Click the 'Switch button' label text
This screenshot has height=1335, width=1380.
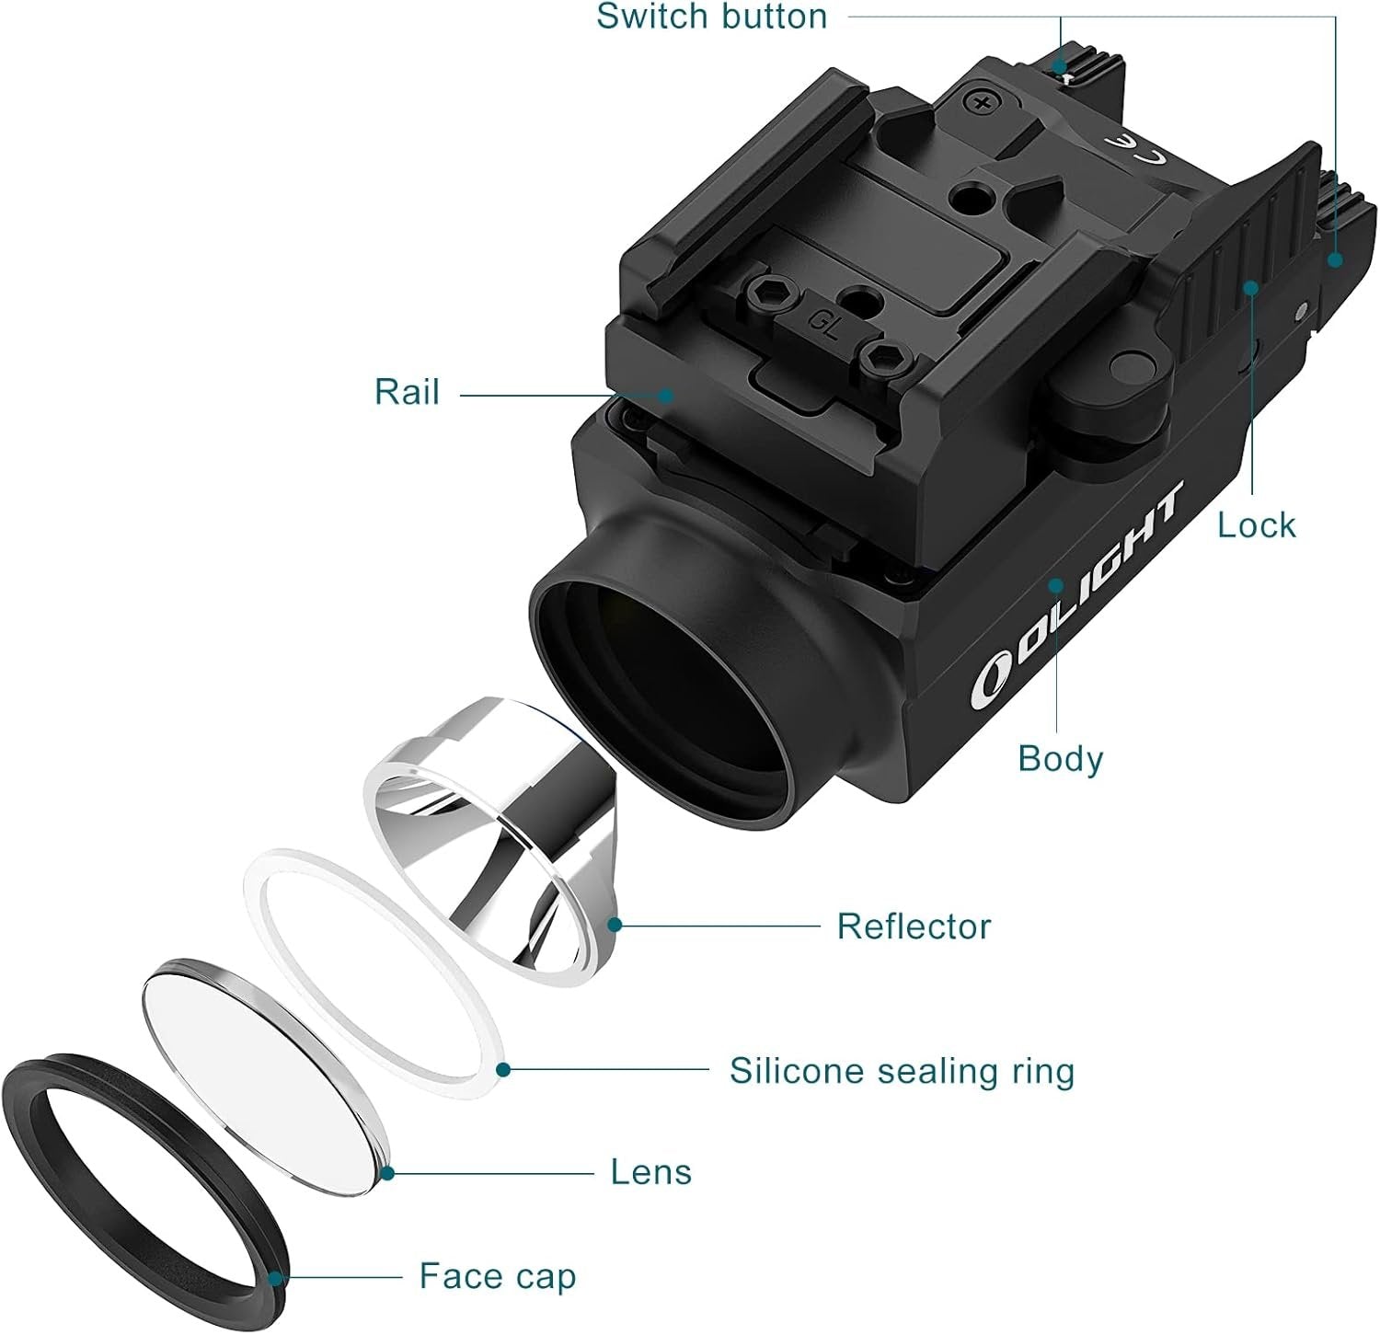(712, 17)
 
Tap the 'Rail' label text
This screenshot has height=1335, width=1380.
(407, 392)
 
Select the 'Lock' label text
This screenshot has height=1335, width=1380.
(1256, 525)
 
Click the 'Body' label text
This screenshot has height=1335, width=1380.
(1060, 759)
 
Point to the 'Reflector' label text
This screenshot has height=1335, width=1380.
(914, 926)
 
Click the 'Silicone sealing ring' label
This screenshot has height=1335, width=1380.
(902, 1072)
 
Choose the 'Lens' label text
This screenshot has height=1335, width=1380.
(650, 1172)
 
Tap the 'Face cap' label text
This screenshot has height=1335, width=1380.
(498, 1277)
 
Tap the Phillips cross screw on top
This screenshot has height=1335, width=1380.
(983, 101)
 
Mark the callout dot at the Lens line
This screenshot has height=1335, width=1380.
(387, 1172)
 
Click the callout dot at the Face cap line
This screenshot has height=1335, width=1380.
(275, 1277)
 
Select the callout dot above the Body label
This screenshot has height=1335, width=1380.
(1058, 585)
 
